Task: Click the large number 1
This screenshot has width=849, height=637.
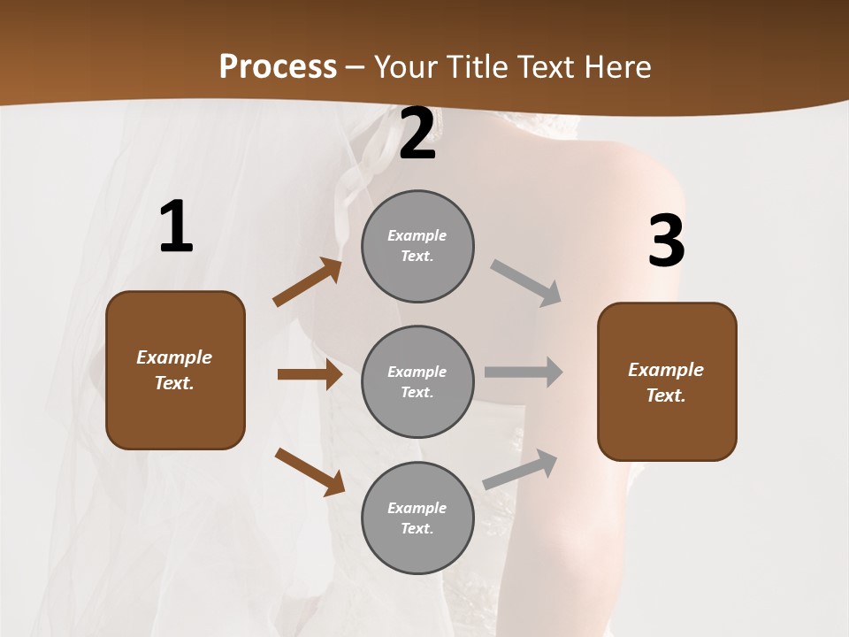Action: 176,227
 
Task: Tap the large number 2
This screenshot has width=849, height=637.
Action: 417,134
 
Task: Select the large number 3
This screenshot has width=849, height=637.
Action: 666,242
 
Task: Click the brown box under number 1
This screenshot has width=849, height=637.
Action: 175,370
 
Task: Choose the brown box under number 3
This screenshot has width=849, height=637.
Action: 667,382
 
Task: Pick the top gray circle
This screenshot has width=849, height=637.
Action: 417,246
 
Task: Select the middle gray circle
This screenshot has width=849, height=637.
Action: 417,381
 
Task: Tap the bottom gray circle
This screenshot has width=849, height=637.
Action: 417,518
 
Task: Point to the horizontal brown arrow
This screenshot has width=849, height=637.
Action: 310,374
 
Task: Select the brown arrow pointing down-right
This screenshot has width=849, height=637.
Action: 310,472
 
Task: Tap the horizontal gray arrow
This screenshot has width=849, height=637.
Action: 524,372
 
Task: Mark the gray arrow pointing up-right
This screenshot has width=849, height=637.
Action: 521,469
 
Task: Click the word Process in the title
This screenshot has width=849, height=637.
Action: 278,66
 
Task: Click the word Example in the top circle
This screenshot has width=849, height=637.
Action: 417,235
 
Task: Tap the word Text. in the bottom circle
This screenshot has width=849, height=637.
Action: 417,528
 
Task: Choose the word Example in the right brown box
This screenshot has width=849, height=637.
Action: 666,370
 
